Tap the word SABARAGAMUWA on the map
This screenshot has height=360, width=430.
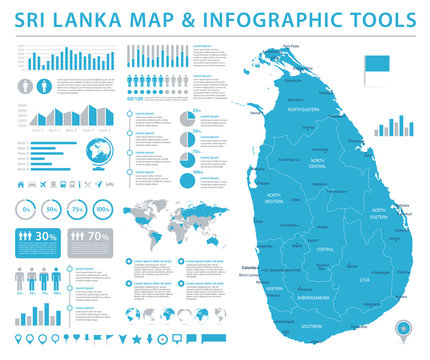[307, 296]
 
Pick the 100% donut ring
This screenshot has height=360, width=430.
[103, 209]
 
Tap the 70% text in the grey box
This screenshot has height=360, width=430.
[98, 236]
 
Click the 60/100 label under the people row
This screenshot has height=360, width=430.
[135, 98]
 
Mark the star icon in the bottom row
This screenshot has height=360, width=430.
[136, 344]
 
